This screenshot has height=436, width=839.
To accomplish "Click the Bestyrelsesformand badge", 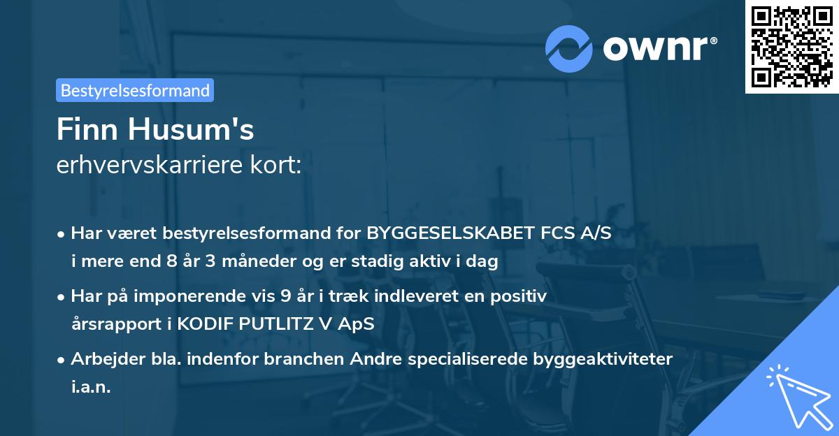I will (135, 90).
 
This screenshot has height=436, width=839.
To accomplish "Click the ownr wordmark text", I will (659, 48).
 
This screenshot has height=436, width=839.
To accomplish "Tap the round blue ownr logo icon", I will (570, 48).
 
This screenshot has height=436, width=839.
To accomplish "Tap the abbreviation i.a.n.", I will (91, 387).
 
